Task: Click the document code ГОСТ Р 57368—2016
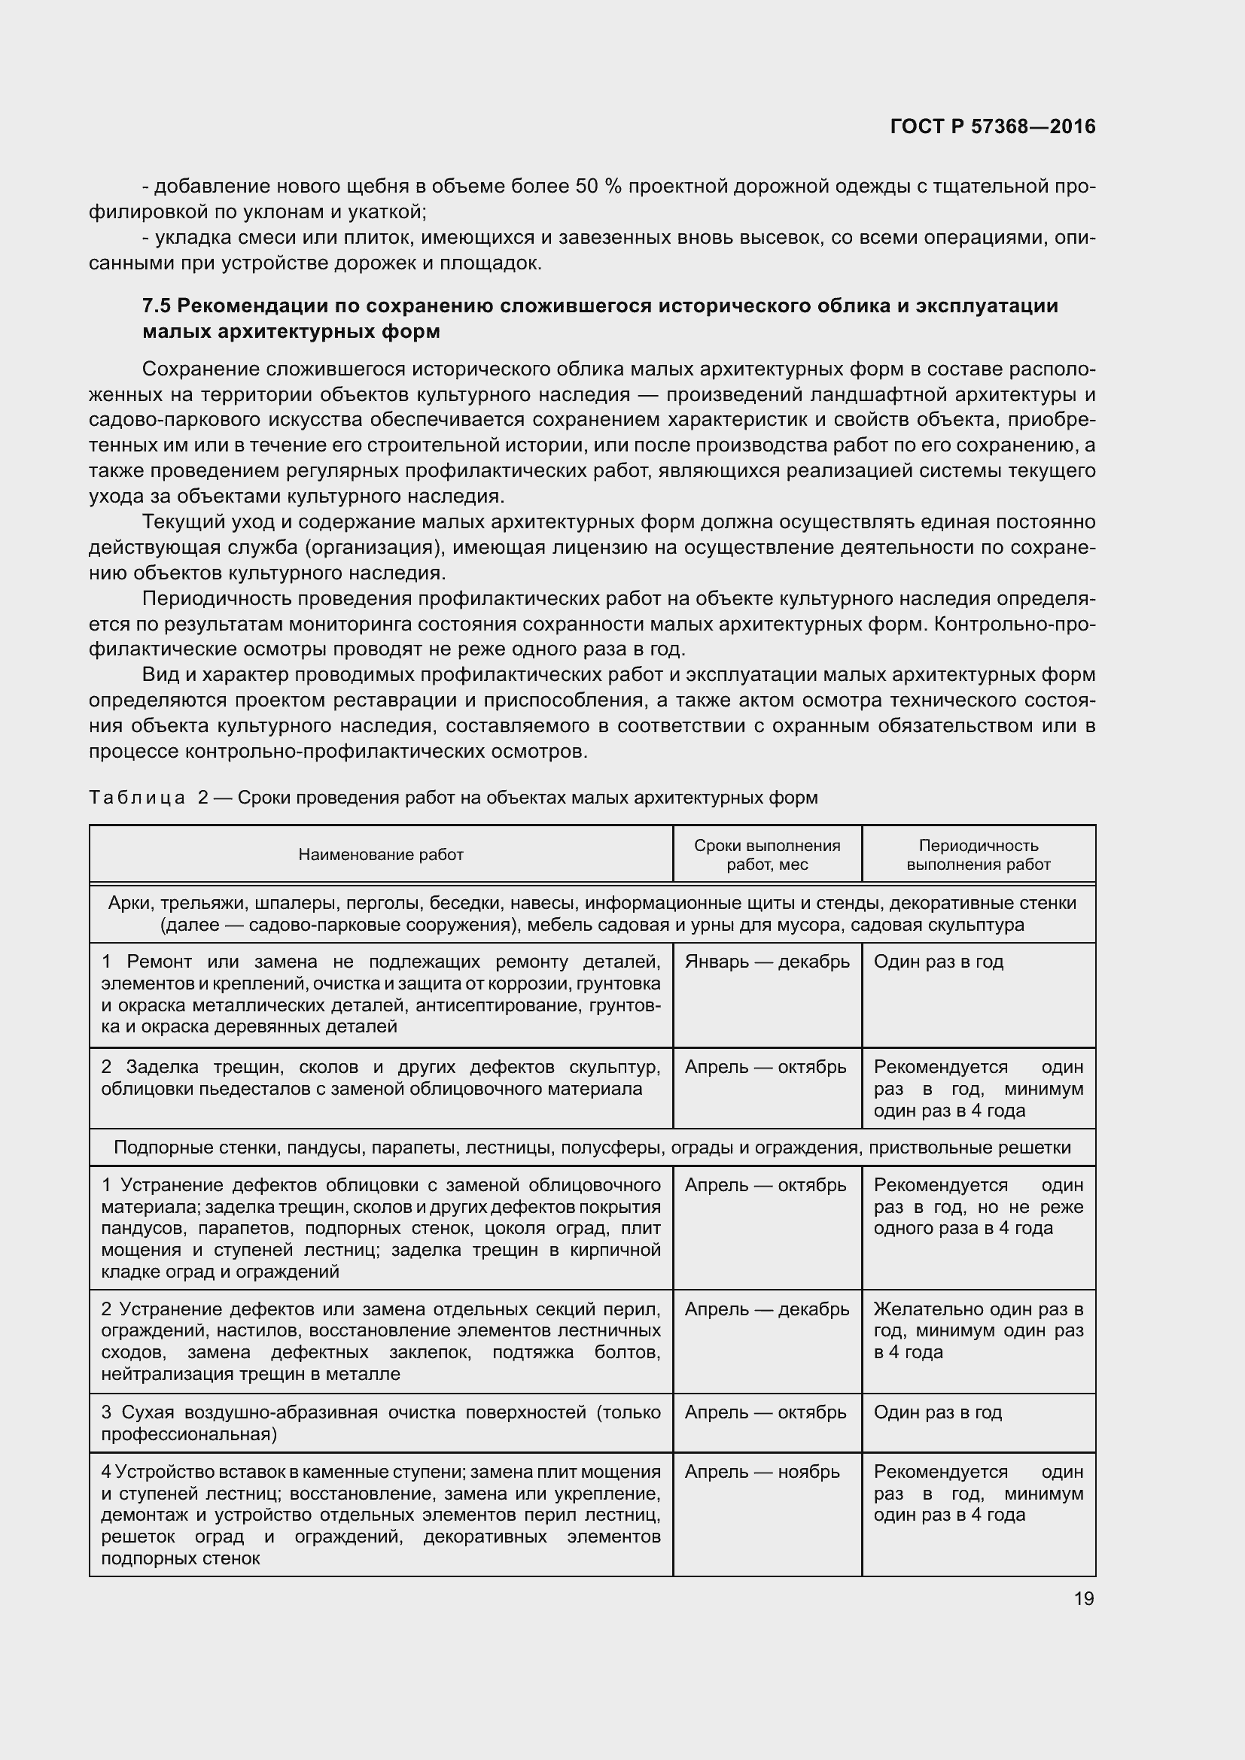point(993,126)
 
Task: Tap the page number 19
point(1083,1598)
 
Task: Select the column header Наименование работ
point(381,855)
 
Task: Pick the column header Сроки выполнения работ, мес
point(766,855)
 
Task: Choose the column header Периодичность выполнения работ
point(979,855)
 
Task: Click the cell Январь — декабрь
point(766,961)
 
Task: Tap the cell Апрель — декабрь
point(766,1309)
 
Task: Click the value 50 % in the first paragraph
point(598,187)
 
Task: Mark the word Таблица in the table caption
point(137,798)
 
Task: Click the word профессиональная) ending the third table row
point(190,1434)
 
